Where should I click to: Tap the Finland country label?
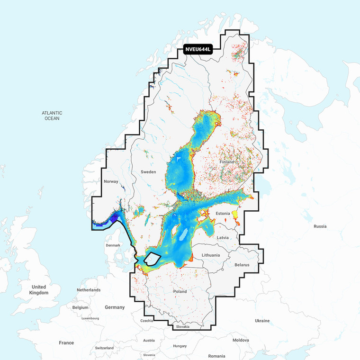click(227, 162)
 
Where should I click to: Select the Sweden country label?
click(148, 172)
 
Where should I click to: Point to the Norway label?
click(111, 182)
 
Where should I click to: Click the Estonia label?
click(223, 214)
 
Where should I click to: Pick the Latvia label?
click(223, 237)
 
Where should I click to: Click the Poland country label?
click(180, 291)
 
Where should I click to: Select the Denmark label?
click(113, 245)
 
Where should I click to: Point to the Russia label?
click(320, 226)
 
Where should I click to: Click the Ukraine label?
click(262, 321)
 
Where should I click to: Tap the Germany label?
click(115, 307)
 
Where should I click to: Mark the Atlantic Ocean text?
click(52, 116)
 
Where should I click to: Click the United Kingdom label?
click(39, 290)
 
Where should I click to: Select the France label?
click(66, 342)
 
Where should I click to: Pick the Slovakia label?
click(182, 327)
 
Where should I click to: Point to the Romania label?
click(216, 356)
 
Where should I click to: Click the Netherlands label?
click(89, 289)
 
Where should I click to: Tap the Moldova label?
click(241, 340)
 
